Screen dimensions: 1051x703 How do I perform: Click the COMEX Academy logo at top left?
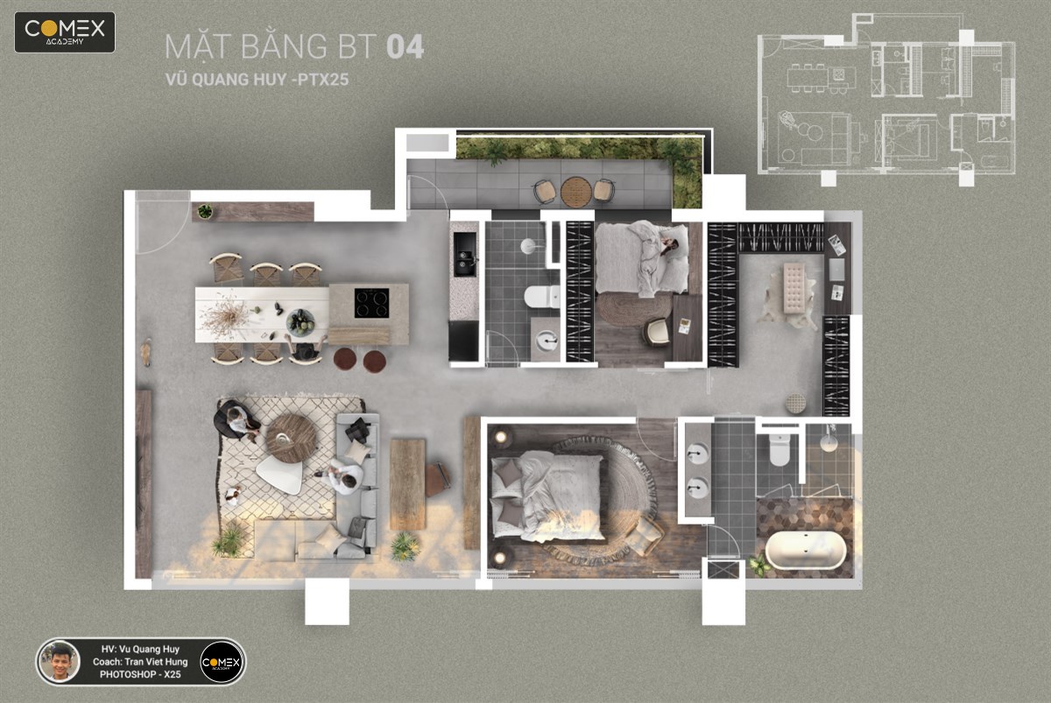point(65,32)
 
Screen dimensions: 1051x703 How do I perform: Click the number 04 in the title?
point(406,46)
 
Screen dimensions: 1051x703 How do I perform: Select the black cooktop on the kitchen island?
point(371,303)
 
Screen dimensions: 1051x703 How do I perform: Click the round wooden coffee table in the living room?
point(292,439)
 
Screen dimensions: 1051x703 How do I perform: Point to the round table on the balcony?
point(575,192)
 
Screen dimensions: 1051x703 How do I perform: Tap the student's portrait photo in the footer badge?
point(60,661)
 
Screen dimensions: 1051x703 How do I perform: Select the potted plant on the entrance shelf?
point(205,212)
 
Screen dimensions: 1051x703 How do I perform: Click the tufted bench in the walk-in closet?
point(794,287)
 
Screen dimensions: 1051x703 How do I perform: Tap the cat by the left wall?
point(146,352)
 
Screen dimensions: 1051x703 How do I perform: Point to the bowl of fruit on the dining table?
point(300,322)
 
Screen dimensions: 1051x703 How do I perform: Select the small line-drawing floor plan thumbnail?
point(885,100)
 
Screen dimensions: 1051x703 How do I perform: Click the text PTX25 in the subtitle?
point(323,80)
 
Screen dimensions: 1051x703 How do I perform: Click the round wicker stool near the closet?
point(796,404)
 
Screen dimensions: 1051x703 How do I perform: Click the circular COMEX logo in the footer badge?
point(221,662)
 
